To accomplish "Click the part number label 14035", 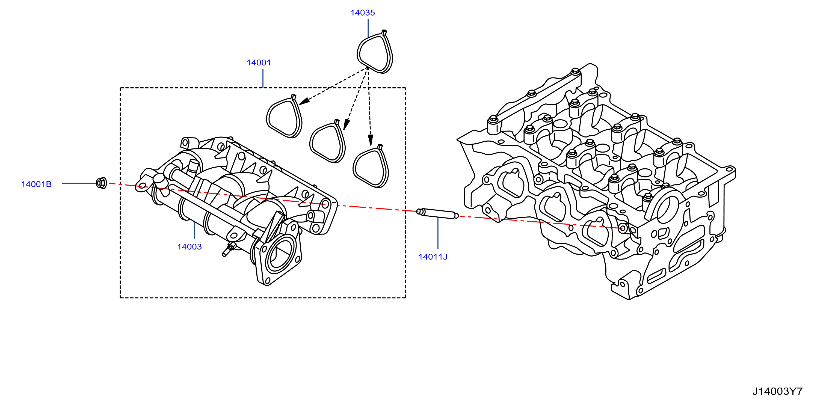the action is click(362, 13).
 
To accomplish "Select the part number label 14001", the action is click(259, 62).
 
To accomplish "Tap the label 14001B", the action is click(36, 184).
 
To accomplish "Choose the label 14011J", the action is click(433, 257).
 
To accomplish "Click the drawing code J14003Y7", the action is click(777, 391).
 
